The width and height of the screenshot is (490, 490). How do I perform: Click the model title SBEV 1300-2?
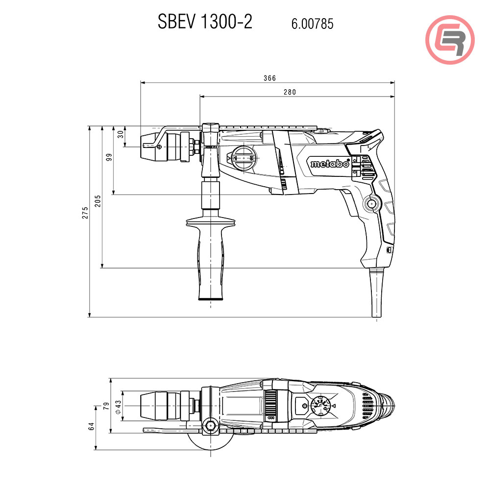tap(205, 22)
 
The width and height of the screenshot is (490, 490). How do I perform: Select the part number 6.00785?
tap(313, 24)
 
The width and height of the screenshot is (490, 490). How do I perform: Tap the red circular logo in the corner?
tap(450, 40)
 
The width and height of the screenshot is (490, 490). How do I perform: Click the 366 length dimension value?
tap(269, 78)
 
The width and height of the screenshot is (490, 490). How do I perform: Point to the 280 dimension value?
tap(290, 92)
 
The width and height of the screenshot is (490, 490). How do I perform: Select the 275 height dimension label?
tap(85, 212)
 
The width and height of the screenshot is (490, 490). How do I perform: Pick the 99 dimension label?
tap(109, 157)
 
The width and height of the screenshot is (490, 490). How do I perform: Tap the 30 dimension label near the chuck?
tap(121, 134)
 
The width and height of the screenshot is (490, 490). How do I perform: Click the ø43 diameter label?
tap(118, 406)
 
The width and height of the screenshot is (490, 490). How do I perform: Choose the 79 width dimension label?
tap(105, 406)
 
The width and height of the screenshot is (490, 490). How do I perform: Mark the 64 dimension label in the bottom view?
tap(92, 427)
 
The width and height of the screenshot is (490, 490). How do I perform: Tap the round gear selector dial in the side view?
tap(244, 159)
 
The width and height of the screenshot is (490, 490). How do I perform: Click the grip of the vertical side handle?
tap(211, 260)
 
